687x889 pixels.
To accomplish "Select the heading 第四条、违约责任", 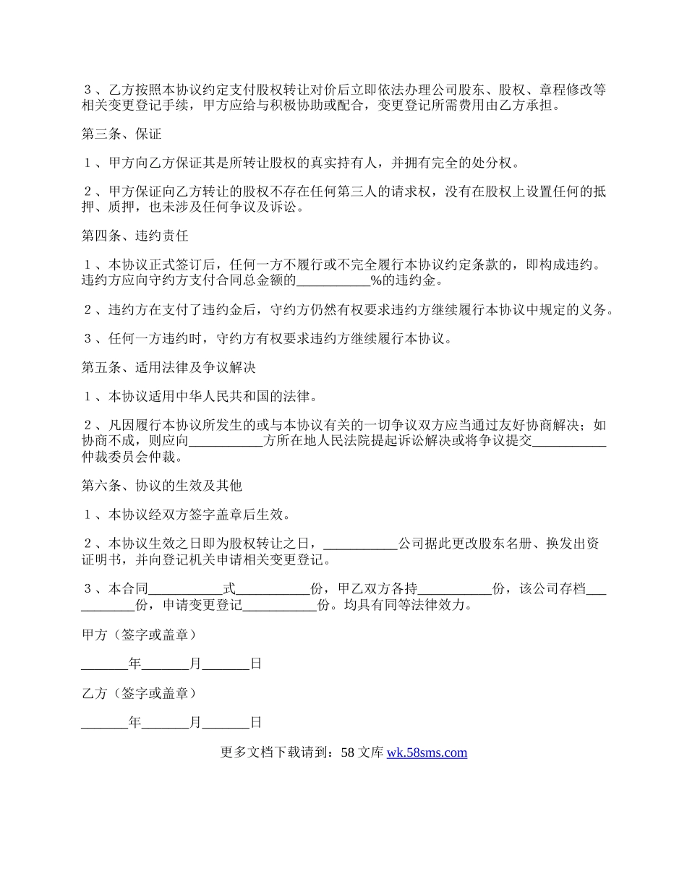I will coord(135,236).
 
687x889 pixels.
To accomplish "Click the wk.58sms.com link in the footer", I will coord(427,752).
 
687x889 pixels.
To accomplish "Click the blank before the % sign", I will coord(333,280).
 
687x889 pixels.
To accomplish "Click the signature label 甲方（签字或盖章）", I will coord(139,635).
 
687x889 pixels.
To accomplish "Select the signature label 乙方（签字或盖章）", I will coord(139,693).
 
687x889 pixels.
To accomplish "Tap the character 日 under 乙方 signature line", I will coord(255,722).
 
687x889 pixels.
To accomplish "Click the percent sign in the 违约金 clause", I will coord(375,280).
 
